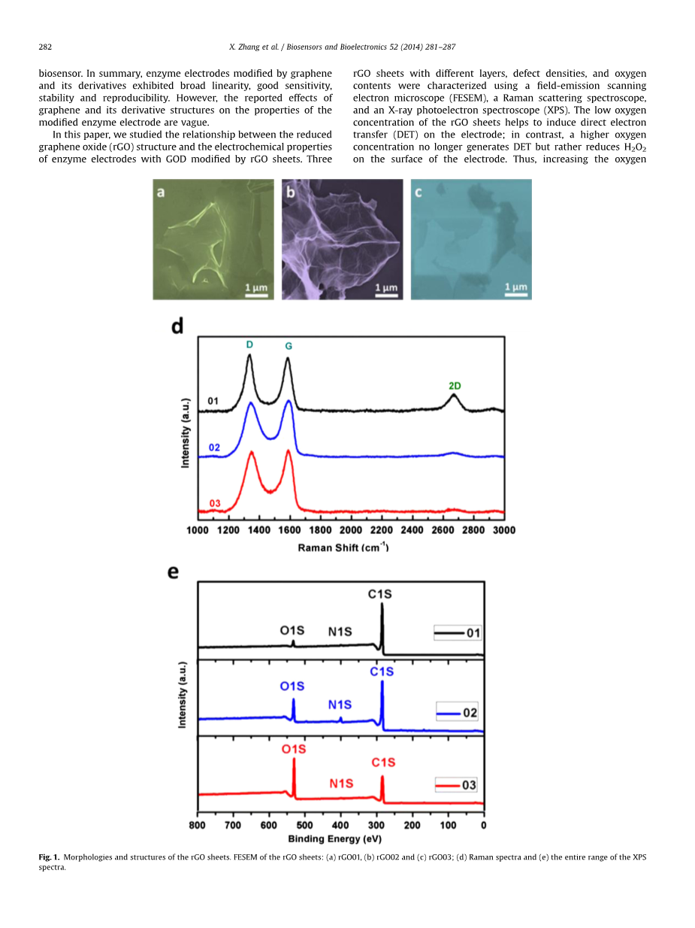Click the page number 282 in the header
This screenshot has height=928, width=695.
tap(45, 47)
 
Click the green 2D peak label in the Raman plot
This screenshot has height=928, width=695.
tap(455, 386)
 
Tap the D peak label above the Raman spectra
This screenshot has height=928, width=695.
tap(249, 344)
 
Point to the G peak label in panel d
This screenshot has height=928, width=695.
tap(289, 346)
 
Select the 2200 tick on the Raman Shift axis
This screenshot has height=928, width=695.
tap(382, 530)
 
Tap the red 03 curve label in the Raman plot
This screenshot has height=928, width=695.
tap(215, 502)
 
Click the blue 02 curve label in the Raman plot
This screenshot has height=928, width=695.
tap(214, 447)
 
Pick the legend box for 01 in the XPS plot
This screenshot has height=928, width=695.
tap(458, 632)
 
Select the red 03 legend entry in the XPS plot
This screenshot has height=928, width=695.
tap(457, 785)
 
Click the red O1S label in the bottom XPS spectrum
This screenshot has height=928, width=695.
tap(294, 749)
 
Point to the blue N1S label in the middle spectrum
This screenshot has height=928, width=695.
tap(340, 705)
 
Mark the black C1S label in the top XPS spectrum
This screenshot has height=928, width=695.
tap(379, 594)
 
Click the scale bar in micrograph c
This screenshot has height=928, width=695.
tap(515, 293)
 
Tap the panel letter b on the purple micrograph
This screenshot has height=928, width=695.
tap(291, 193)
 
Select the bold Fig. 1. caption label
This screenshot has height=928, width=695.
tap(50, 857)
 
